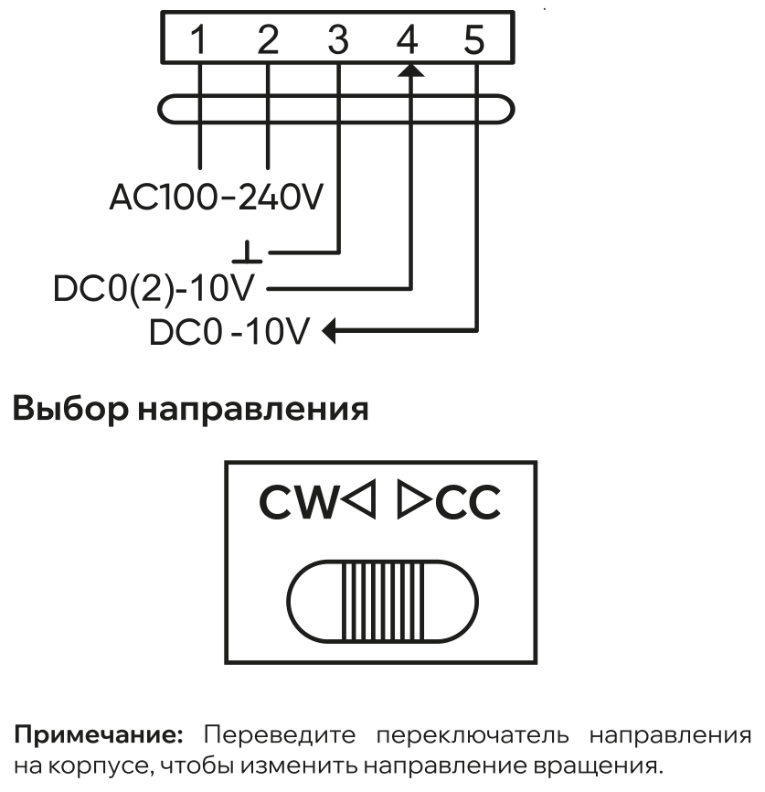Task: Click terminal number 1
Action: point(199,39)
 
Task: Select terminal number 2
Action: point(268,39)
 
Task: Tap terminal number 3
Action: point(338,39)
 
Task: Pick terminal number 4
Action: point(407,39)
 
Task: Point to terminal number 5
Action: point(474,39)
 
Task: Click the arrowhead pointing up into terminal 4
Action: point(411,70)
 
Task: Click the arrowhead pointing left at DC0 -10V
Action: point(329,331)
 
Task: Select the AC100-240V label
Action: point(216,197)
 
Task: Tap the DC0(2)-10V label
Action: point(154,289)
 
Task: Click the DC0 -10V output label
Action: point(228,332)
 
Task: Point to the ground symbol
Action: point(247,252)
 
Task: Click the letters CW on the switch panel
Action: point(298,502)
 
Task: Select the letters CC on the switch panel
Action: point(468,502)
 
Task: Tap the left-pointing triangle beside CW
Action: point(359,499)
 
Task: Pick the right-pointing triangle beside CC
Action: point(414,499)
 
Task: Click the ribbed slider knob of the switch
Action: point(383,601)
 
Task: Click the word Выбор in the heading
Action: point(70,409)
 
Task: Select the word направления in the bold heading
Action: point(253,410)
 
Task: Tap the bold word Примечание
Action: point(99,735)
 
